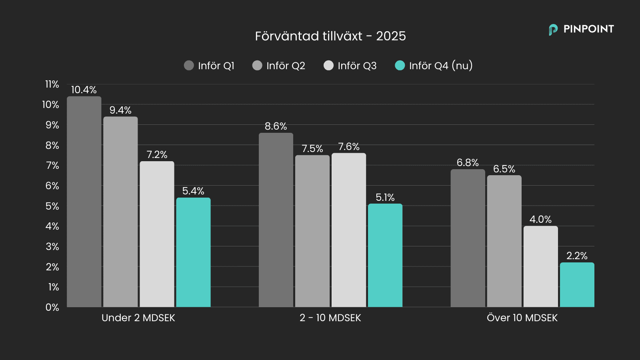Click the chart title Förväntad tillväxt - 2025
[330, 36]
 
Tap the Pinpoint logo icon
[553, 30]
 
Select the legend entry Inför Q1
[209, 66]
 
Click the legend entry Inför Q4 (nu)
[434, 66]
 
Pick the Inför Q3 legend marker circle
[328, 66]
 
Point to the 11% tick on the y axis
[52, 84]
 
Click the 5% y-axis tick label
[52, 206]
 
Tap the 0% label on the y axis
[52, 307]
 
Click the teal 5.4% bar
[193, 252]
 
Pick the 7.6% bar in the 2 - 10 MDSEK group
[349, 230]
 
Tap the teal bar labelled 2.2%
[577, 285]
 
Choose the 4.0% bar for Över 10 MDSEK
[540, 266]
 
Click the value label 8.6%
[276, 126]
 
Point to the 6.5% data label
[504, 169]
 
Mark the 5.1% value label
[385, 197]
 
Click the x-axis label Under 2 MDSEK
[138, 318]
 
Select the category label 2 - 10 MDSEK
[330, 318]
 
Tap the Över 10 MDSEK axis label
[522, 318]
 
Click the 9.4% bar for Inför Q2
[120, 212]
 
